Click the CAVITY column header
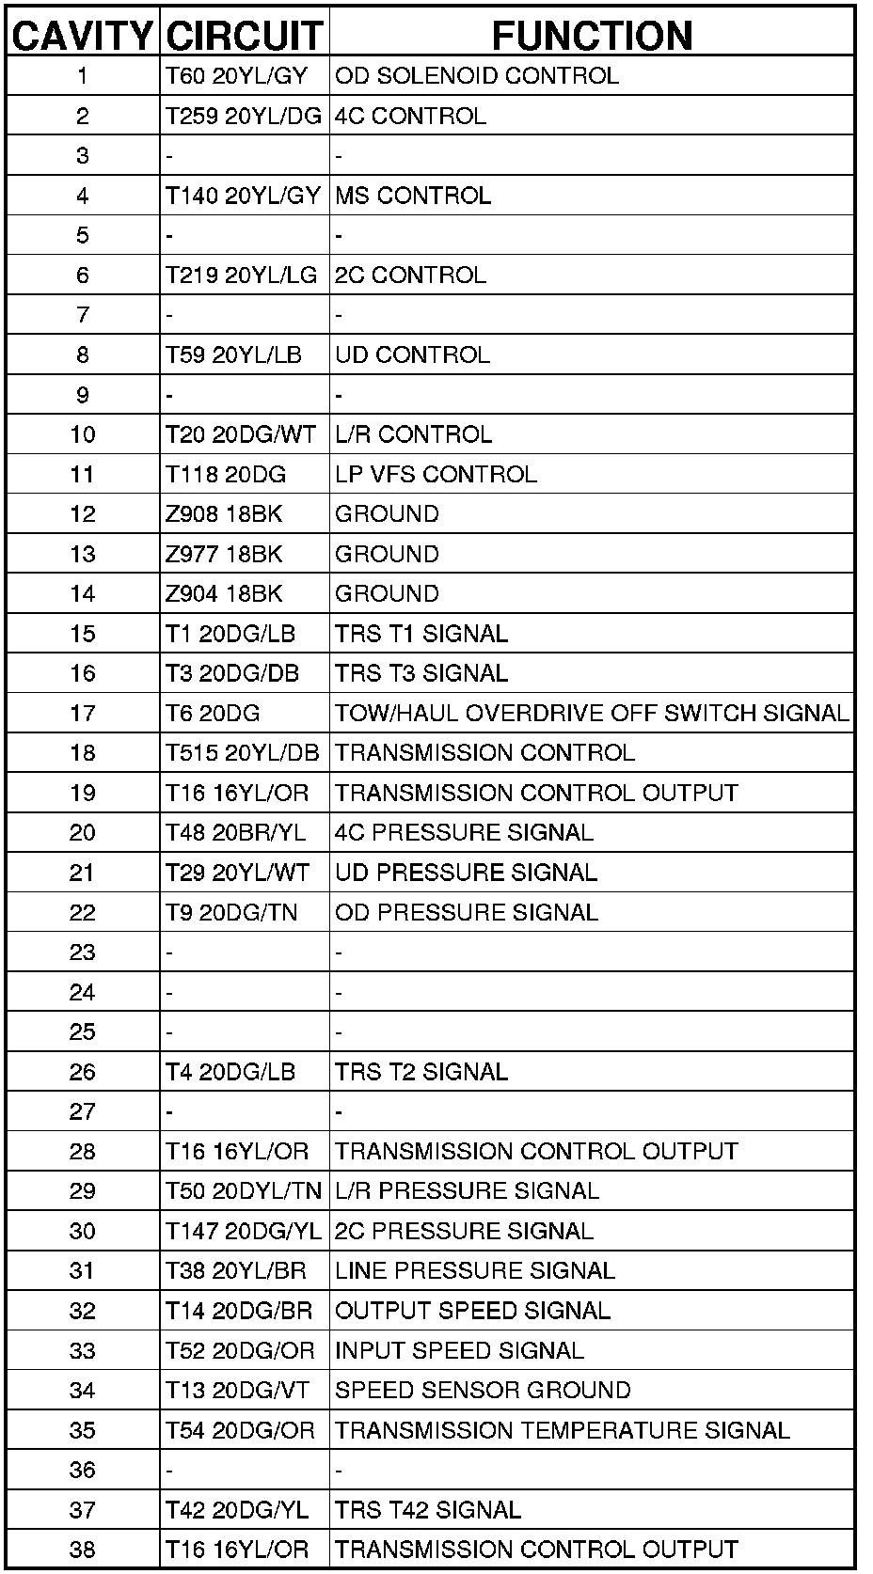(83, 36)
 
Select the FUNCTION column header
(592, 36)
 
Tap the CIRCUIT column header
(244, 36)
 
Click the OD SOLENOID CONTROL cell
(477, 76)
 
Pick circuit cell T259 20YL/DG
(244, 116)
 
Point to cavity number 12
(83, 514)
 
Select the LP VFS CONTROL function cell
(436, 474)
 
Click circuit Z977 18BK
(224, 554)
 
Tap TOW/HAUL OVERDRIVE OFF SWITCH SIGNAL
(592, 713)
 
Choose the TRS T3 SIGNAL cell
(421, 673)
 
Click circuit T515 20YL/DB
(243, 753)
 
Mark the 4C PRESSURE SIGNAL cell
(464, 833)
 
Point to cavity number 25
(83, 1032)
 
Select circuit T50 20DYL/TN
(244, 1191)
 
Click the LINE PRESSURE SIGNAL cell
(475, 1271)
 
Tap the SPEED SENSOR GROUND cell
(483, 1391)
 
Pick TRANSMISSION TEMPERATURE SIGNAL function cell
(563, 1430)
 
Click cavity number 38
(83, 1550)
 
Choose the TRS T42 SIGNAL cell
(428, 1510)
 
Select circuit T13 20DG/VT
(237, 1391)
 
